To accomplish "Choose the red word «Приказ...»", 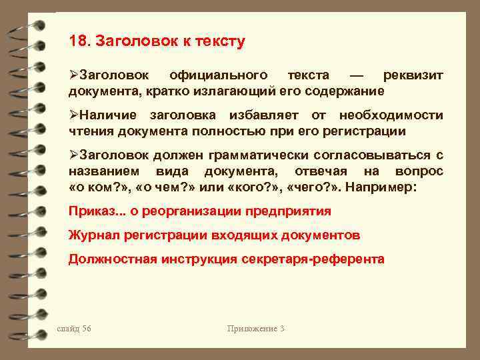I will click(x=94, y=211).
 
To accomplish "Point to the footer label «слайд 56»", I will click(x=74, y=328).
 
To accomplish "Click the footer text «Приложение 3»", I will click(x=256, y=328).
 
